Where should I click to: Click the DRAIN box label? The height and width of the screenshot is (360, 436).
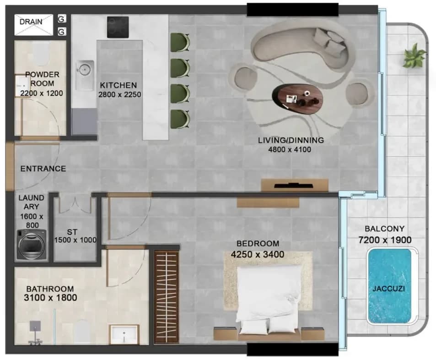tap(31, 22)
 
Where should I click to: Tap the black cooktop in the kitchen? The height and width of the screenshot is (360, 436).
tap(118, 27)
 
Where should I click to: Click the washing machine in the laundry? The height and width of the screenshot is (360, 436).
tap(32, 245)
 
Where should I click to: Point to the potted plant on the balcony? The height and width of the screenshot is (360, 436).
tap(414, 56)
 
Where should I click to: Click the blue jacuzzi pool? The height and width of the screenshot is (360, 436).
tap(389, 286)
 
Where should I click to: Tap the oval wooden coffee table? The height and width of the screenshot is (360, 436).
tap(297, 98)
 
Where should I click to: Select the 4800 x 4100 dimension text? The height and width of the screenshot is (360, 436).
tap(290, 149)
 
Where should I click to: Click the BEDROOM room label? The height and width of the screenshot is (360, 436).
tap(258, 244)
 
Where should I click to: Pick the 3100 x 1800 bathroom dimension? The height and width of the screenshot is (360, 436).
tap(50, 298)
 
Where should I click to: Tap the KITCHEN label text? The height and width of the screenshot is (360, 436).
tap(118, 85)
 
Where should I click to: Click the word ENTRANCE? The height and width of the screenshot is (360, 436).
tap(43, 169)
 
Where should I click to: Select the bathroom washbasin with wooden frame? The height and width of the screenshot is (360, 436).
tap(124, 334)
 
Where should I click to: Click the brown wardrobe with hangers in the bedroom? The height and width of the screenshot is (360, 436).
tap(166, 297)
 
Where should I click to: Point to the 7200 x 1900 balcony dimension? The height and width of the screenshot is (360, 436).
tap(385, 240)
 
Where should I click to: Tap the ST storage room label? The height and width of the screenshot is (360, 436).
tap(72, 232)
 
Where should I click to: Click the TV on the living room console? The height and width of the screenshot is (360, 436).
tap(293, 185)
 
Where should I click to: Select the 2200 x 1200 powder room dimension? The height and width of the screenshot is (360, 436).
tap(42, 93)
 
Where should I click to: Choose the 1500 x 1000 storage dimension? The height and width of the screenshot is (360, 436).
tap(75, 240)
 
